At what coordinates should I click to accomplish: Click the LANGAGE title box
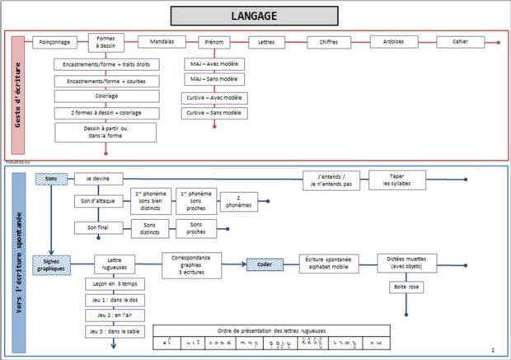(x=255, y=16)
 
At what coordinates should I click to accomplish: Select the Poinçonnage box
(x=54, y=42)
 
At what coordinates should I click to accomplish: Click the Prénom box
(x=214, y=42)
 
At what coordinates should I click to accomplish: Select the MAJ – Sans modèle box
(x=214, y=79)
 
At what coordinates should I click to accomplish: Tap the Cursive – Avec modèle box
(x=214, y=97)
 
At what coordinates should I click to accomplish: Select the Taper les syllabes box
(x=396, y=180)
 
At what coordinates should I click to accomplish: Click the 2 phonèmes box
(x=238, y=202)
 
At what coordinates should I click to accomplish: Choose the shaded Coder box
(x=265, y=264)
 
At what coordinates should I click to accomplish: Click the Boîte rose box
(x=407, y=288)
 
